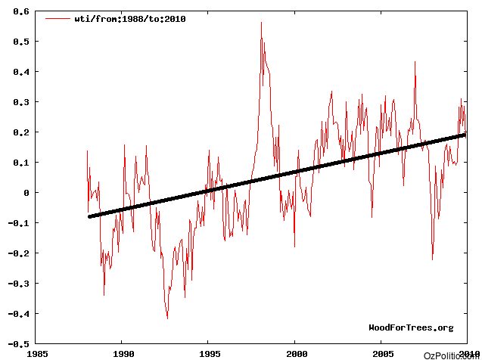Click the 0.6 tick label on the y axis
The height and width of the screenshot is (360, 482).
[20, 11]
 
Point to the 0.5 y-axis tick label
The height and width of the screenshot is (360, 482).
[20, 42]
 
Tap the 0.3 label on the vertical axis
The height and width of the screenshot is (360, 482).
[20, 102]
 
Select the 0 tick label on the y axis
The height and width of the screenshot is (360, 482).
[26, 193]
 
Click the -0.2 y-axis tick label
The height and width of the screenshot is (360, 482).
[17, 253]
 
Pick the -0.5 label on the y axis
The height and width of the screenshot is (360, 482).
[17, 344]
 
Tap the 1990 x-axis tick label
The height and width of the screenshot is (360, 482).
[123, 353]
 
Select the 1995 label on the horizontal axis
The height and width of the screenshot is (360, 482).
[210, 353]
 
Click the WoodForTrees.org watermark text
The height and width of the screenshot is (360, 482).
[411, 327]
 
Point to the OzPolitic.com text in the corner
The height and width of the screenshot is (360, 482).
[452, 355]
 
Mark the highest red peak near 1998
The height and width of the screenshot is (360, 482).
[261, 23]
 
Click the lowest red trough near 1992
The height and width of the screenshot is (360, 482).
[167, 318]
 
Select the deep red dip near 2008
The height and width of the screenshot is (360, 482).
[432, 259]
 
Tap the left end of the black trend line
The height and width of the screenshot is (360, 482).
[89, 217]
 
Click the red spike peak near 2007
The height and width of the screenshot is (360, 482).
[415, 62]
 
